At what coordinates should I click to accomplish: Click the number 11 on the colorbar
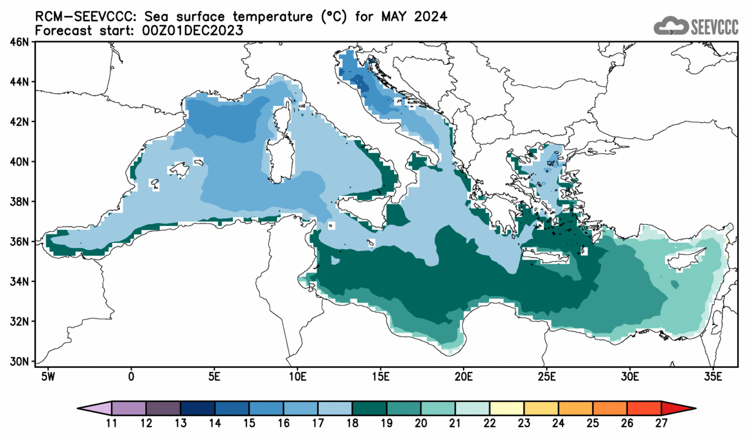pyautogui.click(x=111, y=423)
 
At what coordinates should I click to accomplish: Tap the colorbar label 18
pyautogui.click(x=352, y=423)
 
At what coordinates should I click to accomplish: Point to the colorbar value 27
pyautogui.click(x=661, y=423)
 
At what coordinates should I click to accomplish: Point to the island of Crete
pyautogui.click(x=546, y=257)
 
